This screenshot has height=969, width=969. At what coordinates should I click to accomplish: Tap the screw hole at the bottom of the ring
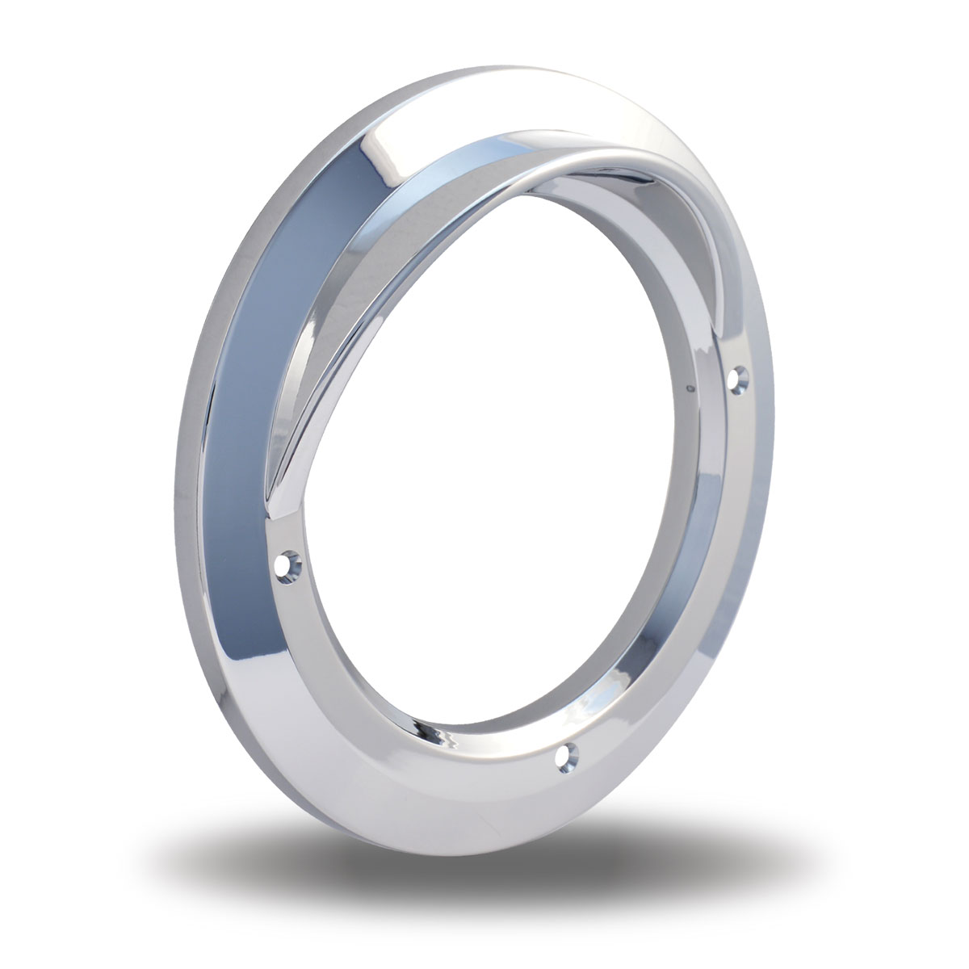pos(569,757)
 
